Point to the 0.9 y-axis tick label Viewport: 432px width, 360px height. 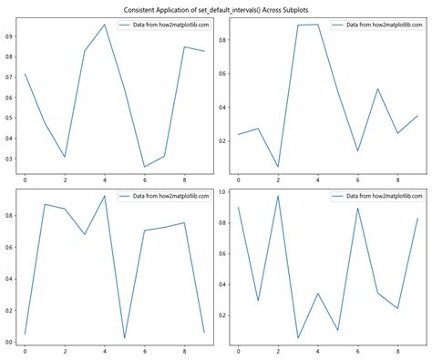coord(9,36)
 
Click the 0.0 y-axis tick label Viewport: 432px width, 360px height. coord(9,342)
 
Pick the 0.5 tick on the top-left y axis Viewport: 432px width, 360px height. coord(9,118)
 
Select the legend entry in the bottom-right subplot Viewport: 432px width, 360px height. coord(381,197)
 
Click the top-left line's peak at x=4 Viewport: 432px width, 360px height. coord(105,25)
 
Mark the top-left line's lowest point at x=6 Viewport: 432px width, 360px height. coord(144,167)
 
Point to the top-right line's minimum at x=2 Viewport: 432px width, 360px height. coord(278,167)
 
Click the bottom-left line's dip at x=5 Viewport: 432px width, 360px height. coord(125,338)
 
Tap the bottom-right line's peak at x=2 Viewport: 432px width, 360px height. coord(278,196)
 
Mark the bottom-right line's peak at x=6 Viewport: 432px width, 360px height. coord(357,208)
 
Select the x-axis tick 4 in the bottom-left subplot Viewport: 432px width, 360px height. coord(105,351)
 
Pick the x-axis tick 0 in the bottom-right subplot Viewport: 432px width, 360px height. coord(238,351)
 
